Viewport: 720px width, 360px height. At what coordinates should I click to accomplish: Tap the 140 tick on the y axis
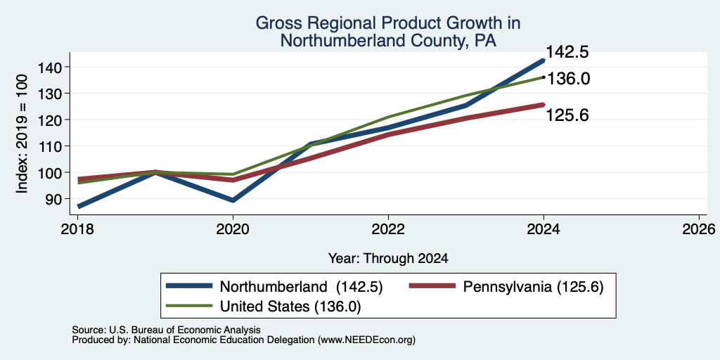pyautogui.click(x=46, y=67)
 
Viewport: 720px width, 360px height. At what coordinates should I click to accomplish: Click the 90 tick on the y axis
pyautogui.click(x=51, y=199)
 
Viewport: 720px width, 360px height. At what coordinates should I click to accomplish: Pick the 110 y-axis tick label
pyautogui.click(x=46, y=146)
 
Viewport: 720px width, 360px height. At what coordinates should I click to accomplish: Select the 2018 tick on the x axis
pyautogui.click(x=77, y=229)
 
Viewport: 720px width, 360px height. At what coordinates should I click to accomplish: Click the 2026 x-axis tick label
pyautogui.click(x=699, y=229)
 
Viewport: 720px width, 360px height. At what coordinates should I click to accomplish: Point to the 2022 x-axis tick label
pyautogui.click(x=388, y=229)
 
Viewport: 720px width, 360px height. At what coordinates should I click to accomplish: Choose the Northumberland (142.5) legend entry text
pyautogui.click(x=301, y=287)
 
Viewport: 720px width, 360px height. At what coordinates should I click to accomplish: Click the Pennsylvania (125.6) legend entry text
pyautogui.click(x=533, y=287)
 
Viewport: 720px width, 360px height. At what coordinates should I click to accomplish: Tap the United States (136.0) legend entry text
pyautogui.click(x=290, y=307)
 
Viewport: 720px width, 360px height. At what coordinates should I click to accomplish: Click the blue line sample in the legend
pyautogui.click(x=189, y=286)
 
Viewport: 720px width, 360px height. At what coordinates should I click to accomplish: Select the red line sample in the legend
pyautogui.click(x=432, y=286)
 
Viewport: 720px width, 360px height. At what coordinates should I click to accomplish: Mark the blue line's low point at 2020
pyautogui.click(x=233, y=200)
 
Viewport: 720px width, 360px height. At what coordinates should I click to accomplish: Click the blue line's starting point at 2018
pyautogui.click(x=79, y=207)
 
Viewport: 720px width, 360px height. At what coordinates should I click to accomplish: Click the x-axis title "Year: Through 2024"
pyautogui.click(x=388, y=259)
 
